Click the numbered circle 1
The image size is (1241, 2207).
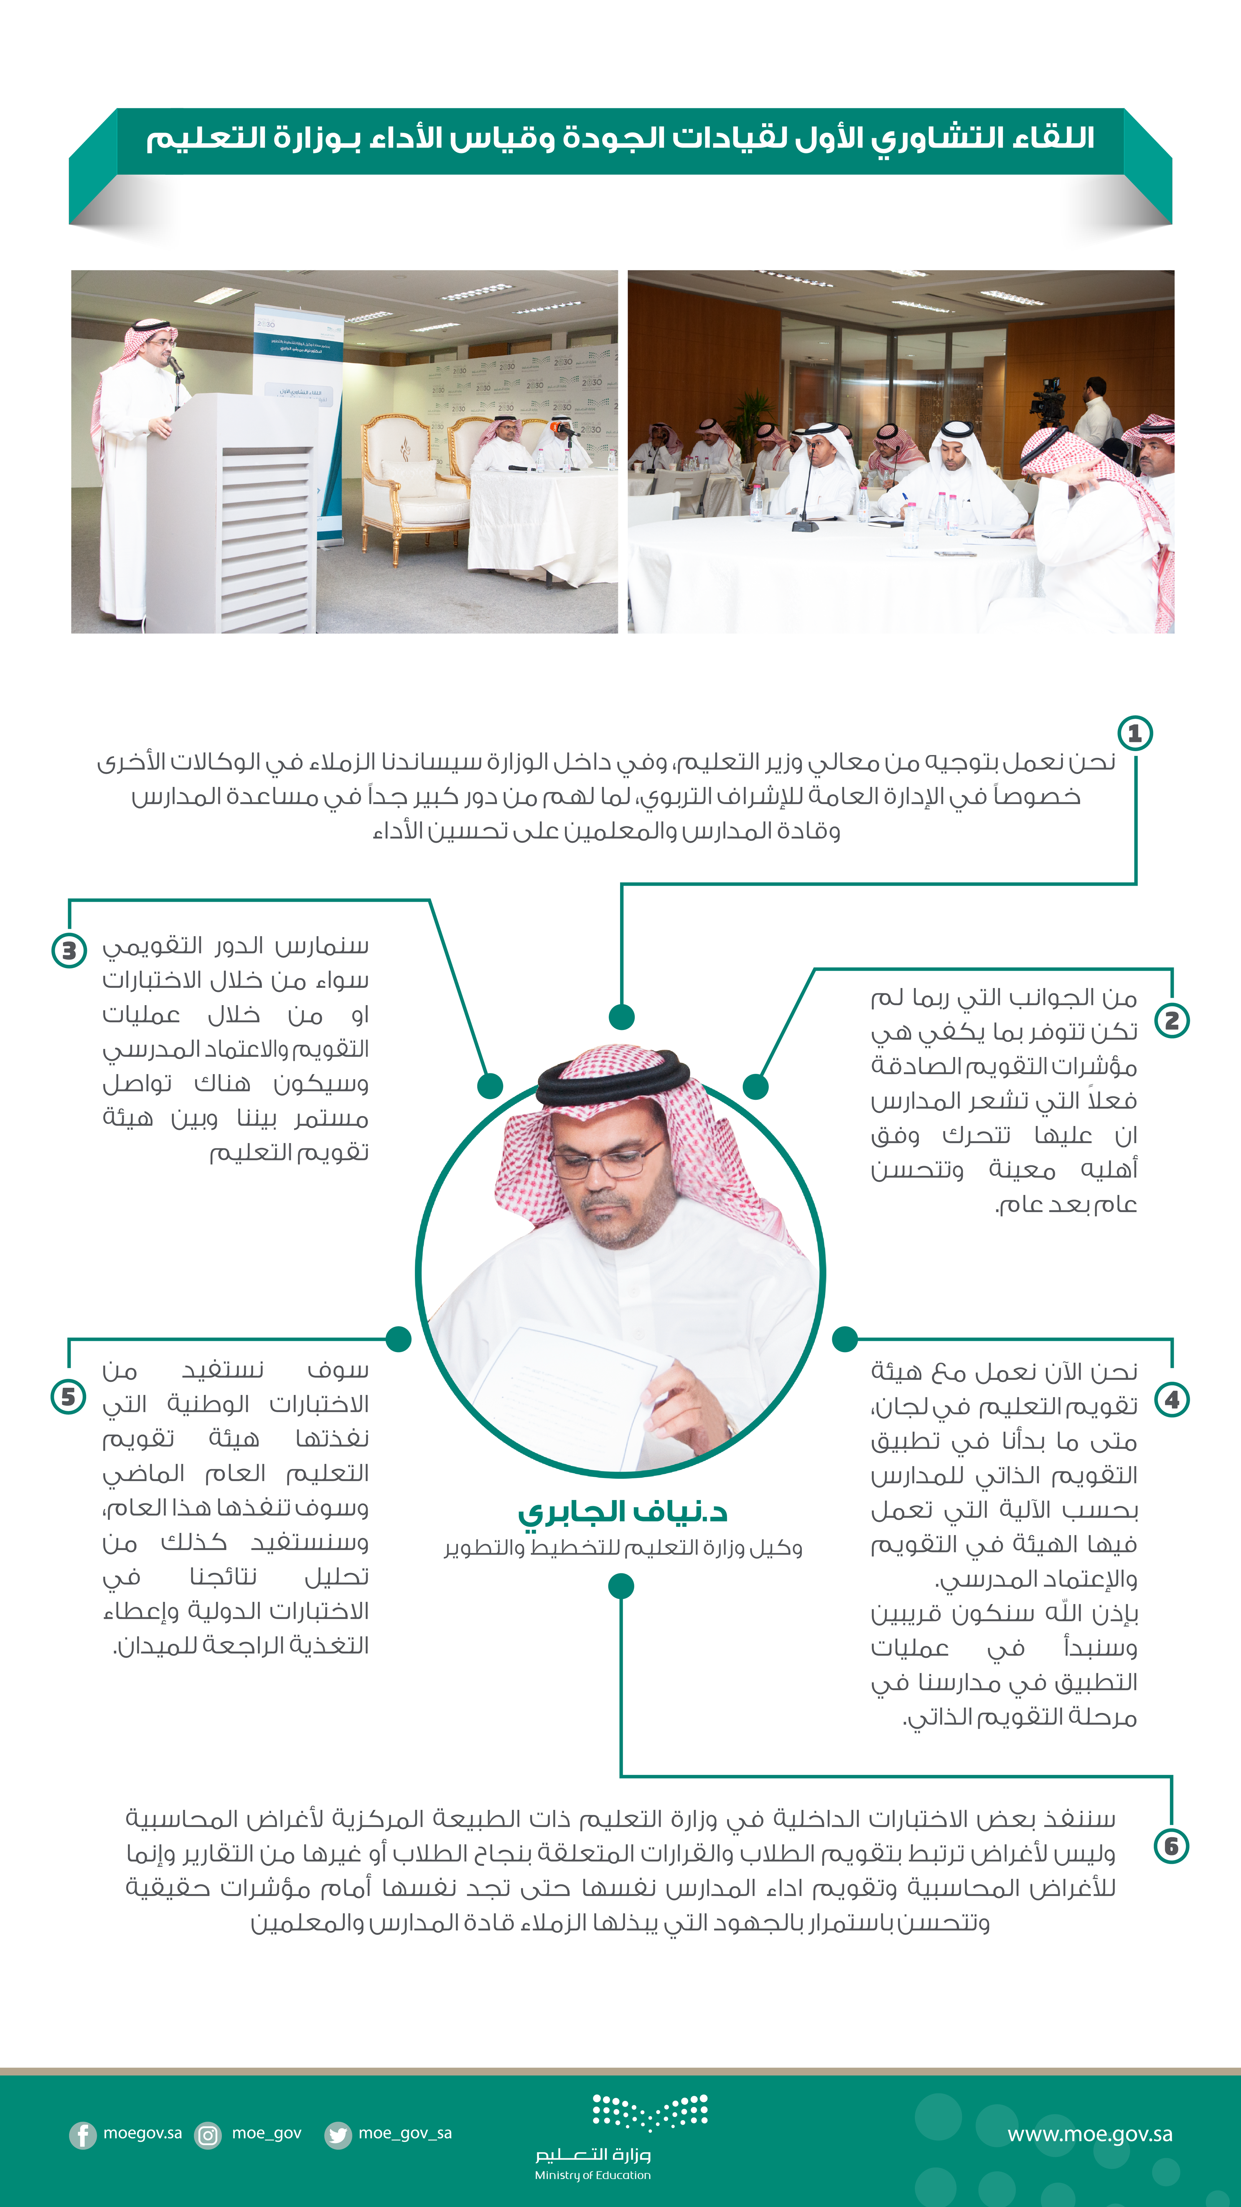pos(1135,734)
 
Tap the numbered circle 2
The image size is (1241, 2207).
pos(1172,1020)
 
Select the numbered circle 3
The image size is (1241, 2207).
pos(69,950)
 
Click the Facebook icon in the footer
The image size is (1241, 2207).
pos(82,2134)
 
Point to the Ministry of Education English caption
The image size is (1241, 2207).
pos(593,2174)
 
